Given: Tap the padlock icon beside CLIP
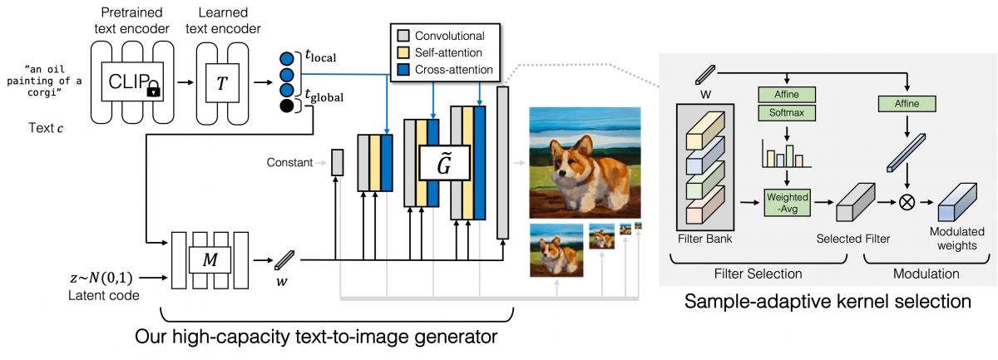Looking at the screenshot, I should tap(152, 91).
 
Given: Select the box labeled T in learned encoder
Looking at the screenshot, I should tap(221, 82).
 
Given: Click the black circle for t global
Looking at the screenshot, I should tap(287, 106).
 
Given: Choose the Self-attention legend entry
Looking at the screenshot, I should tap(441, 52).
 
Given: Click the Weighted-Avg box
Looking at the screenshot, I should tap(786, 200).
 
